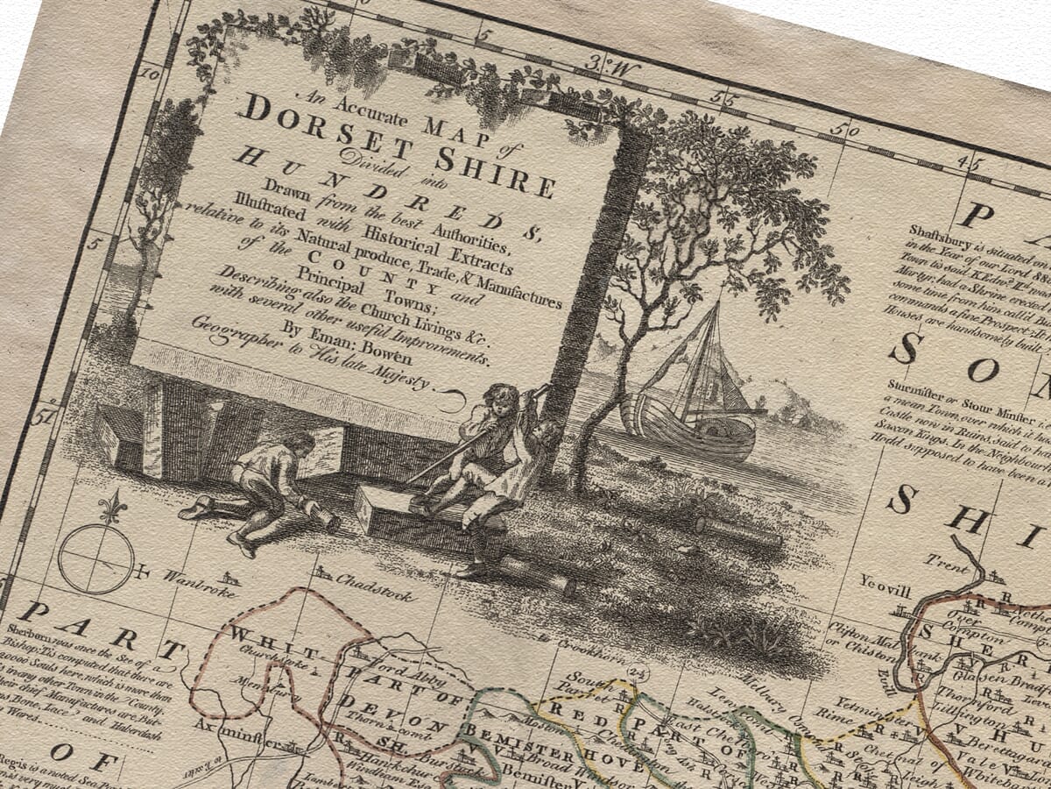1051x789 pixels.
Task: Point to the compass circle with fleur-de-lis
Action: [x=96, y=556]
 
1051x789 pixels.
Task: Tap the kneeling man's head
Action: [x=298, y=442]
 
